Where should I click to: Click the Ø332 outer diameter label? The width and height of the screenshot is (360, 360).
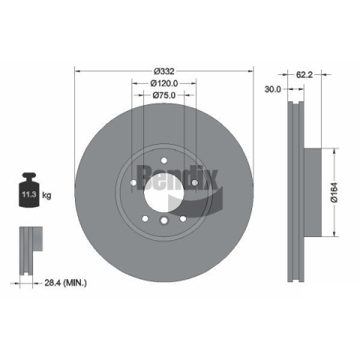click(x=164, y=71)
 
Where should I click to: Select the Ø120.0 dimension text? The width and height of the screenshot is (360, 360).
click(x=164, y=83)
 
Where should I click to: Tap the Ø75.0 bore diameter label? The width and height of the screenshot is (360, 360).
click(x=164, y=95)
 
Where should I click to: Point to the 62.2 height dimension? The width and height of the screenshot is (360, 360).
click(x=304, y=74)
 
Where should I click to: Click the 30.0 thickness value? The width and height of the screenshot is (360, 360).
click(x=273, y=89)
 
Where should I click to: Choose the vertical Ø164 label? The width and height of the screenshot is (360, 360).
click(x=334, y=192)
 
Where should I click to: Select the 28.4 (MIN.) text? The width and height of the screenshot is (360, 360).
click(x=65, y=283)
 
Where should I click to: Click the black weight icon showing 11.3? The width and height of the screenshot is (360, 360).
click(x=29, y=190)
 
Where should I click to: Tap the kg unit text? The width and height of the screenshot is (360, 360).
click(x=46, y=195)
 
